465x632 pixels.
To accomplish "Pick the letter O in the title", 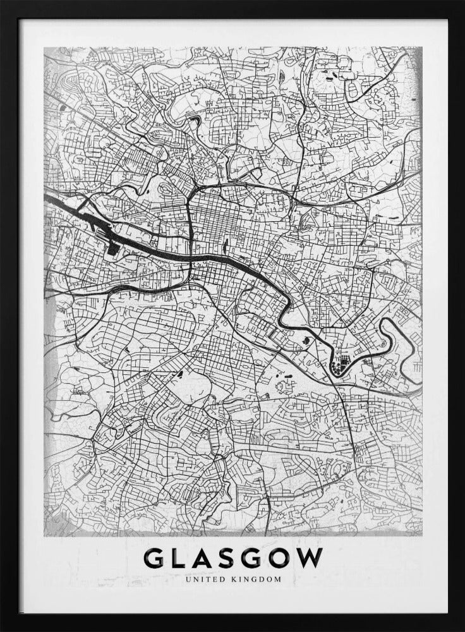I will [282, 557].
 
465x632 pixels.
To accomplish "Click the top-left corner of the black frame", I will [2, 2].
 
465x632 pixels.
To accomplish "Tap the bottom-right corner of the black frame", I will [462, 629].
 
